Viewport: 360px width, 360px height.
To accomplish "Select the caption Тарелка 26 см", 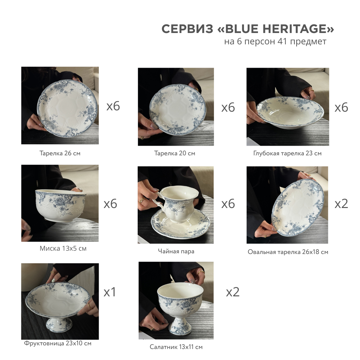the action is click(x=60, y=153).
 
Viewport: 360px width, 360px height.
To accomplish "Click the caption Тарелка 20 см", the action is click(x=174, y=153).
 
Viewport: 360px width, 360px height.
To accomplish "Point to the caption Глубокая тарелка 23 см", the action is click(x=287, y=153).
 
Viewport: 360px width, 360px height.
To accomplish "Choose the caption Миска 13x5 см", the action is click(x=63, y=248).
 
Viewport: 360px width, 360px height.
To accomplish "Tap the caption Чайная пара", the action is click(x=176, y=251).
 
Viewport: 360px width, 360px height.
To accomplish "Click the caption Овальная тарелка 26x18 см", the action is click(x=288, y=252).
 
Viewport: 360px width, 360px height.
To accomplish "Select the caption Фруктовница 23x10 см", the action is click(x=58, y=343).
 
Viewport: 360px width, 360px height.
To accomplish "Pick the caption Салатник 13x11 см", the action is click(x=176, y=347).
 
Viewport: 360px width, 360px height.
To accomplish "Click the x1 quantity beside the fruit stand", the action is click(x=110, y=292).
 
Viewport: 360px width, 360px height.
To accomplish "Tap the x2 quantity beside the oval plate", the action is click(x=341, y=204).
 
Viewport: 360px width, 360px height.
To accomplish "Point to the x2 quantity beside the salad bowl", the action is click(x=233, y=292).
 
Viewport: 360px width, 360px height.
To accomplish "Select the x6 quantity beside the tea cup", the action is click(x=228, y=204).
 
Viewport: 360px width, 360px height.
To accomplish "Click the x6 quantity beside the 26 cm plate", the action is click(x=113, y=106).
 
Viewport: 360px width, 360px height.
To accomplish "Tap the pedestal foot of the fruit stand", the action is click(x=59, y=324).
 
